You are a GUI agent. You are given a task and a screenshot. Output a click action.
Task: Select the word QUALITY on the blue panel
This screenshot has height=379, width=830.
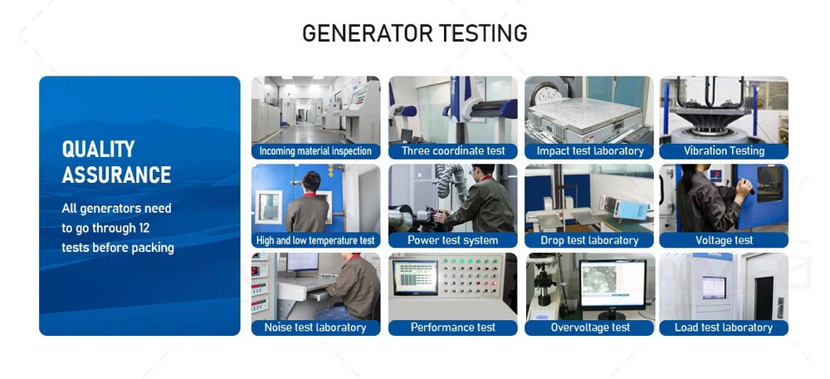click(99, 149)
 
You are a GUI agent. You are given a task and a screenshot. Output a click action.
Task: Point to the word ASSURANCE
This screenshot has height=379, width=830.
click(116, 175)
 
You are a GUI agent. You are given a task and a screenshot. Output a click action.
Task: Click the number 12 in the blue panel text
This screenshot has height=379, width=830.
click(143, 228)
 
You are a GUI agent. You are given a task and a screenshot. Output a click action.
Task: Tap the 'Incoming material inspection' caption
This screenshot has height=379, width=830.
click(315, 151)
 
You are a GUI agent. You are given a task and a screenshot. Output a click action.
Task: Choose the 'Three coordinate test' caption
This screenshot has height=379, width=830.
click(453, 151)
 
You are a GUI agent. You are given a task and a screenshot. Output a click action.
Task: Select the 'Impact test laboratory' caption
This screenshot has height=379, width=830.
click(590, 151)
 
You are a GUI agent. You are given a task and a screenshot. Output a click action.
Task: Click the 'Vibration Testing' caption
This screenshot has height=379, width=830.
click(724, 151)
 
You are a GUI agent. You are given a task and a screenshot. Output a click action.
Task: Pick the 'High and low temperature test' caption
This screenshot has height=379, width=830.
click(315, 240)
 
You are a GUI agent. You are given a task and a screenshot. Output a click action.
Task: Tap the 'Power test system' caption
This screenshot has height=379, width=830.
click(453, 240)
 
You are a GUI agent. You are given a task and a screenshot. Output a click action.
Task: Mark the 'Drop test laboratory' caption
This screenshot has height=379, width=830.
click(589, 240)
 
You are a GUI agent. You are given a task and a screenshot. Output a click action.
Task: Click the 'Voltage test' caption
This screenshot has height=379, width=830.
click(724, 240)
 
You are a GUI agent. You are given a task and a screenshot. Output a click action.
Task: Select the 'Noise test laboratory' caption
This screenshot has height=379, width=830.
click(315, 327)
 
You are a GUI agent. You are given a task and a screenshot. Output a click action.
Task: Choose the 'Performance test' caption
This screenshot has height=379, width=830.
click(453, 327)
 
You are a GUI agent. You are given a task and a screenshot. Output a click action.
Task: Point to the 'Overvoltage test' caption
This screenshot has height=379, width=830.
click(590, 327)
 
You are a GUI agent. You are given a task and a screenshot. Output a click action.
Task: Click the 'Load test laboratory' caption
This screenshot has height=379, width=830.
click(724, 327)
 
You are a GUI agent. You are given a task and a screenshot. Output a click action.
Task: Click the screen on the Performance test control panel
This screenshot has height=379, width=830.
click(415, 278)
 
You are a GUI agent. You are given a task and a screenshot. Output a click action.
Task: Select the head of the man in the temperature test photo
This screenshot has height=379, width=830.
click(311, 182)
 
